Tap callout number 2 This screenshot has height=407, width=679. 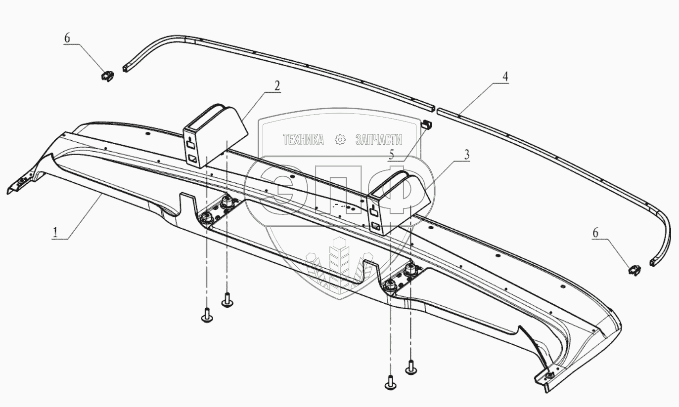coord(277,85)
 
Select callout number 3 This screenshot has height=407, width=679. coord(466,155)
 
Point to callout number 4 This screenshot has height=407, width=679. coord(505,77)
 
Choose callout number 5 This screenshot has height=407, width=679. coord(391,155)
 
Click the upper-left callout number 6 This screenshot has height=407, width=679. coord(67,38)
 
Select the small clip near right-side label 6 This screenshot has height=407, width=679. coord(634,270)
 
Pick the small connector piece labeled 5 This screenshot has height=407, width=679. coord(428,123)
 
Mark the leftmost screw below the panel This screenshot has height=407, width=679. coord(207,315)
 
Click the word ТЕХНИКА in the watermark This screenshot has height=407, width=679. coord(303,140)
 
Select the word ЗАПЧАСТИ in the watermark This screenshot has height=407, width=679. coord(379,140)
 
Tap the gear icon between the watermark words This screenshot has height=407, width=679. coord(340,140)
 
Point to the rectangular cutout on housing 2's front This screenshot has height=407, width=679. coord(192,159)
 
